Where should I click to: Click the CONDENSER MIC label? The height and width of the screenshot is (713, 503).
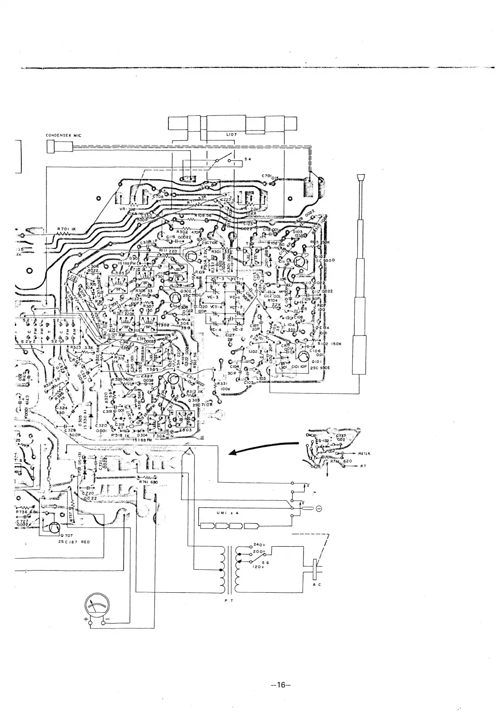coord(63,136)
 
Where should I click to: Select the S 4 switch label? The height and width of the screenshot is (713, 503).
coord(247,159)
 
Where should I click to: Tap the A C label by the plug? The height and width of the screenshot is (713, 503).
coord(317,585)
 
